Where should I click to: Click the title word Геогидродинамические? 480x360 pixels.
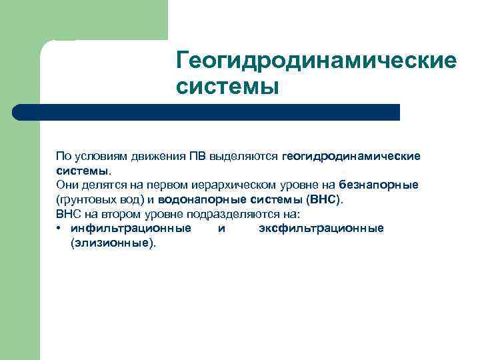[x=317, y=61]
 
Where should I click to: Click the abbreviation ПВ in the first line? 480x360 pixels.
[x=197, y=156]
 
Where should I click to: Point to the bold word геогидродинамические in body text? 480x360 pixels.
[x=351, y=156]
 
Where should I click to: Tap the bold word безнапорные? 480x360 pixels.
[x=378, y=185]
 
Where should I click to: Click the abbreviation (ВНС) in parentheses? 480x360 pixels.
[x=323, y=199]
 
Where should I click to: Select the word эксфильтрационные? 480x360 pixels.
[x=321, y=229]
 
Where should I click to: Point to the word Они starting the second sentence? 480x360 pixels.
[x=67, y=185]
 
